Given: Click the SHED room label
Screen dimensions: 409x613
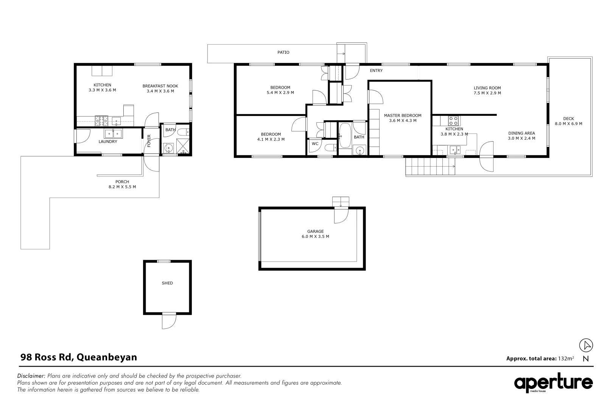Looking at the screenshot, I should point(167,283).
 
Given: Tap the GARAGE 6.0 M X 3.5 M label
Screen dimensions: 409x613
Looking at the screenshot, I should point(315,234).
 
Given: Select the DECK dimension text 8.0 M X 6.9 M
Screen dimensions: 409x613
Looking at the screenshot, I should point(568,124).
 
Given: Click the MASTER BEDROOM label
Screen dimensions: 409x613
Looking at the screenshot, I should point(402,116).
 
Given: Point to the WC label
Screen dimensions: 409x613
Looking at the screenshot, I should point(315,144).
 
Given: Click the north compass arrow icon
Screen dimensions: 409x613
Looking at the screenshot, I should point(586,345).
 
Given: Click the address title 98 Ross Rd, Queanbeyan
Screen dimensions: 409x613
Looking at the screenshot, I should point(78,357).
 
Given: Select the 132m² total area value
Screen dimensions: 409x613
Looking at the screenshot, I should point(566,358).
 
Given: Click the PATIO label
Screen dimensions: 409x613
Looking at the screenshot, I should point(283,52).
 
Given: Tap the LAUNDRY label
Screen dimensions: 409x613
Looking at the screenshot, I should point(108,142).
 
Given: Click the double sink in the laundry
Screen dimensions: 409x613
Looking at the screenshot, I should point(113,133).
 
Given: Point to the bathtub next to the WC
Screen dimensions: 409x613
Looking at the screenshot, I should point(344,136).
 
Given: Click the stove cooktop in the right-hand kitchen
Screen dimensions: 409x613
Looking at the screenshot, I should point(453,121).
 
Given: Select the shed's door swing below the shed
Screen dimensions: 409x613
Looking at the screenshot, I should point(169,321).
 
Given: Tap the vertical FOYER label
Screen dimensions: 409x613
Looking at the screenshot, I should point(149,141).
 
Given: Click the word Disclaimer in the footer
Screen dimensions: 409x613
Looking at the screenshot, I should point(31,376).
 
